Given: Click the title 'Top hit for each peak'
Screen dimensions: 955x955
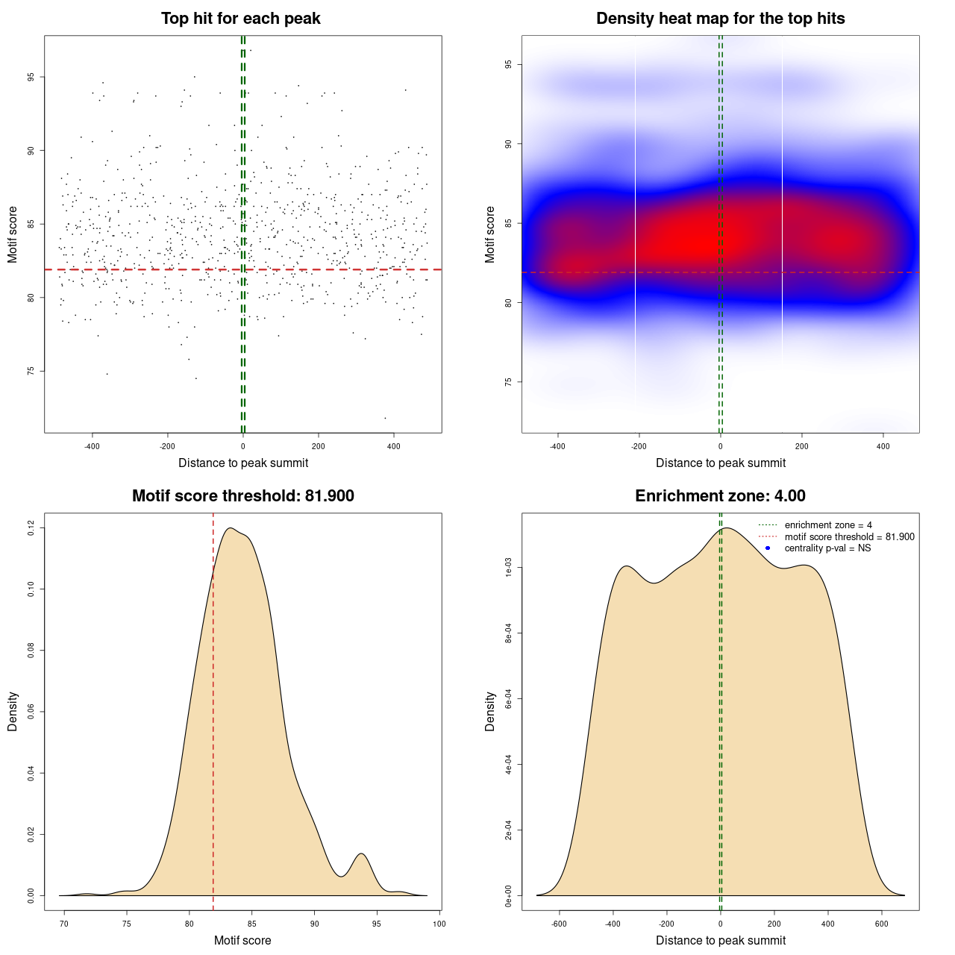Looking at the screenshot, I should click(x=241, y=19).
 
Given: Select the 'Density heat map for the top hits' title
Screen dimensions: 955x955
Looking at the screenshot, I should click(x=720, y=19).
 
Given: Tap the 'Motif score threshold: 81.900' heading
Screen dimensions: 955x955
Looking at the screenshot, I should click(x=242, y=496).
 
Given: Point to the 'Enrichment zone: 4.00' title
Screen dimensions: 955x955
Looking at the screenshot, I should click(x=720, y=496).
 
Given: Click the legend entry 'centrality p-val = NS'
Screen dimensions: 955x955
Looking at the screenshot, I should click(x=827, y=548).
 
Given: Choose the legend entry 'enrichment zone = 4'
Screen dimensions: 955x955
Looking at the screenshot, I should click(x=828, y=525).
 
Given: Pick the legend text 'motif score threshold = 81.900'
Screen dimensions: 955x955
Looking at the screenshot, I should click(x=849, y=537).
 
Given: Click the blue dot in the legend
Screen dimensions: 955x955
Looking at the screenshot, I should click(x=768, y=548).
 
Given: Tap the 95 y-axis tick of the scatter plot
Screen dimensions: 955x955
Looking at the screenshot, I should click(x=31, y=77).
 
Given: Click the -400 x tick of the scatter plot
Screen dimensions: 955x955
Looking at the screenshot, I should click(x=92, y=446).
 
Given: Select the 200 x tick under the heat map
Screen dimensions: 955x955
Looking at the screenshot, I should click(x=801, y=446).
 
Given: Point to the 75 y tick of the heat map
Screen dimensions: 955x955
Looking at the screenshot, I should click(x=509, y=382).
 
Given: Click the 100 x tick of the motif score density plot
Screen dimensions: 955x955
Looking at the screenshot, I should click(x=439, y=924).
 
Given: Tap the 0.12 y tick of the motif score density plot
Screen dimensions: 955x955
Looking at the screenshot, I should click(x=31, y=528).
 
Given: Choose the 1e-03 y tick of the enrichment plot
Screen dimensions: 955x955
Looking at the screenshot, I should click(x=509, y=568).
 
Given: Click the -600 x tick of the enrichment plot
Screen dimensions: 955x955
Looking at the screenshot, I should click(x=559, y=924).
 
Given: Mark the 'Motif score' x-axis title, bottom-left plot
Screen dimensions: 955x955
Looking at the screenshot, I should click(x=242, y=941).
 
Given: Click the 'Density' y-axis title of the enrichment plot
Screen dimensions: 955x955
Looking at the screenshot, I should click(x=490, y=711).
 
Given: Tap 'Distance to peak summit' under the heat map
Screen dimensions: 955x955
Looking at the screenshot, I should click(x=720, y=463).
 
